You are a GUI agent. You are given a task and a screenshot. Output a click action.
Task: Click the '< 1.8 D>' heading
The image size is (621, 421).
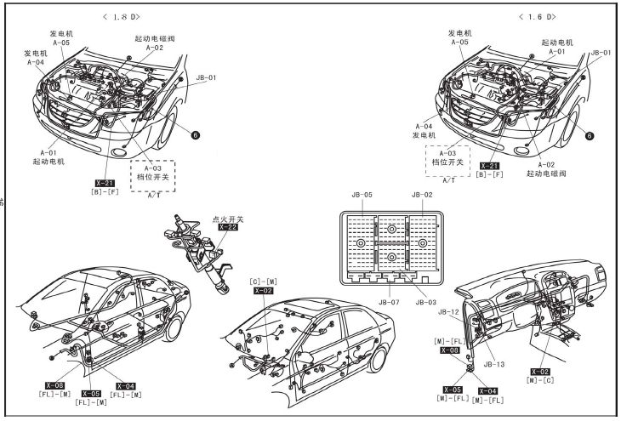click(x=122, y=16)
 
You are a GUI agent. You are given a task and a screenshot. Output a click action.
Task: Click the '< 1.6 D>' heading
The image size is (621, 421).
click(x=536, y=16)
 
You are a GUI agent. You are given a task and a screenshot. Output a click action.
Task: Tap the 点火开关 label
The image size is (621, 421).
click(x=227, y=219)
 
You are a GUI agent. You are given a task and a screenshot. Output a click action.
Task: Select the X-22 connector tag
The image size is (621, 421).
click(x=227, y=228)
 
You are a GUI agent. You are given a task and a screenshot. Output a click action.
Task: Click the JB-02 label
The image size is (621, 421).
click(x=423, y=195)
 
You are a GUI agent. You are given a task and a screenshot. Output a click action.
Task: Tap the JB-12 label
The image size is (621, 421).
click(x=449, y=312)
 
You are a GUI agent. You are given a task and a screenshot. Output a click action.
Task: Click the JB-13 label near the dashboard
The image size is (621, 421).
click(x=494, y=364)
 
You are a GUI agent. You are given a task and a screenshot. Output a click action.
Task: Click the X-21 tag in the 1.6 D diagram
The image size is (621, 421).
click(x=489, y=166)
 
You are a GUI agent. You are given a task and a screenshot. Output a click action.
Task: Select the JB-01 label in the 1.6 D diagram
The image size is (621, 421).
click(x=601, y=53)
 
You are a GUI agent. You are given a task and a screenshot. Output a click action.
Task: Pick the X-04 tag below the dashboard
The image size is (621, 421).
click(x=488, y=390)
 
